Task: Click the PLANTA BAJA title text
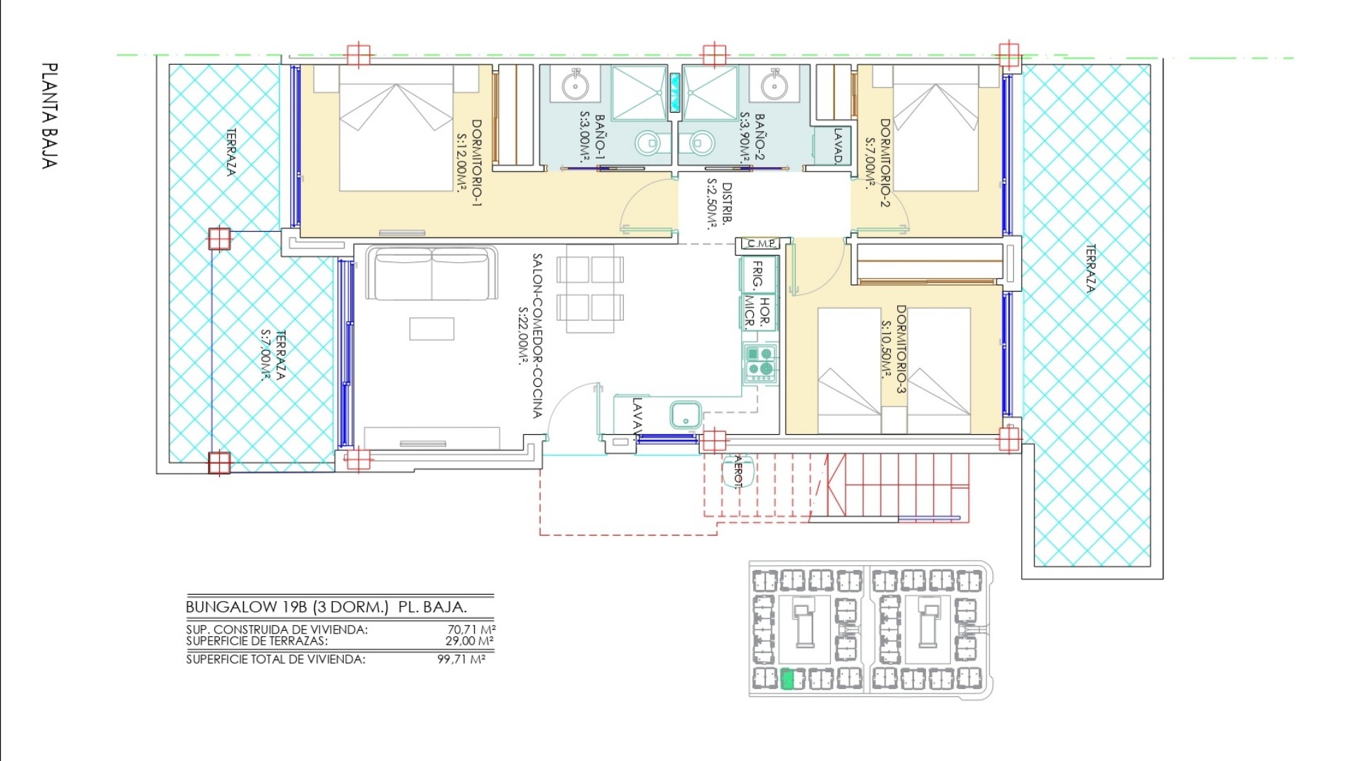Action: pyautogui.click(x=49, y=116)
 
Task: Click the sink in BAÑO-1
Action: pyautogui.click(x=575, y=85)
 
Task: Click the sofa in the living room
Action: pyautogui.click(x=431, y=273)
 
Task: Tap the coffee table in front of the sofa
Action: pyautogui.click(x=432, y=329)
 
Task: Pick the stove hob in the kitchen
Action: pyautogui.click(x=760, y=363)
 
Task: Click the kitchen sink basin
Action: pyautogui.click(x=685, y=414)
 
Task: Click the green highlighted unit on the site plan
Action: pyautogui.click(x=789, y=679)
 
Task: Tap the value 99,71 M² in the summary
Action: pyautogui.click(x=462, y=660)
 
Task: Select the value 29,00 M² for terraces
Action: pyautogui.click(x=469, y=641)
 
